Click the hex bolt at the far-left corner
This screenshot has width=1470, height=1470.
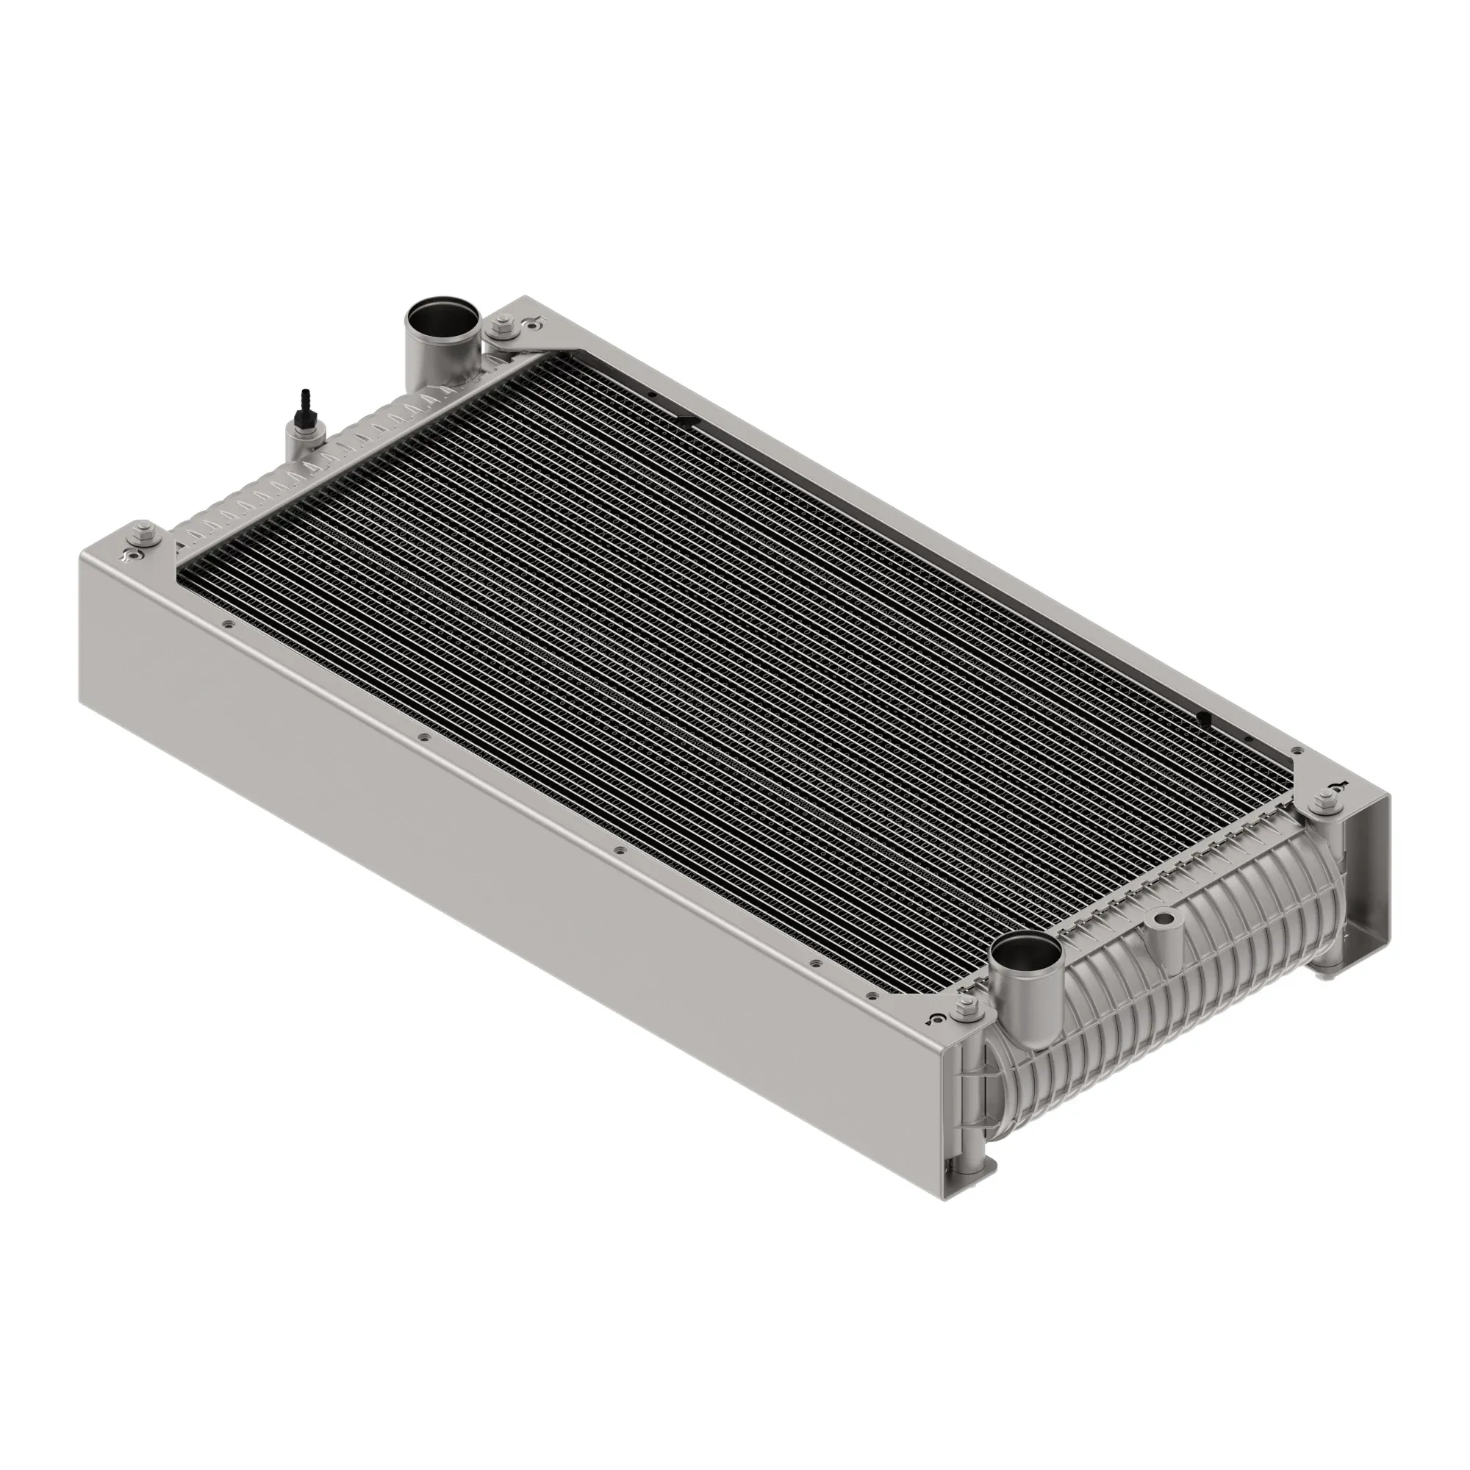[142, 531]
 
